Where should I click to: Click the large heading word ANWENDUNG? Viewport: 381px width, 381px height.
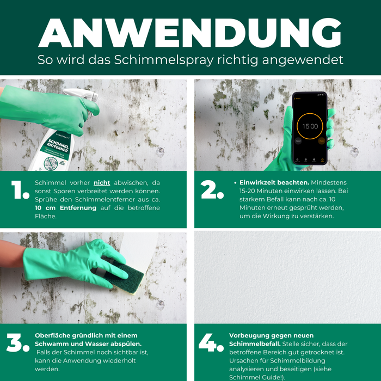click(x=190, y=34)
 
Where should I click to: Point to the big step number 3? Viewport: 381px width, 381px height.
click(x=19, y=343)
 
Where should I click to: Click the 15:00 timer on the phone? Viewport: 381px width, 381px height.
click(x=310, y=126)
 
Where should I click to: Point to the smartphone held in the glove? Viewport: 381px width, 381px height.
click(x=309, y=128)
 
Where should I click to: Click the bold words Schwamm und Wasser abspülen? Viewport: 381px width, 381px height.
click(x=88, y=344)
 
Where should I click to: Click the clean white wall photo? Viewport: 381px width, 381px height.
click(x=287, y=278)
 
